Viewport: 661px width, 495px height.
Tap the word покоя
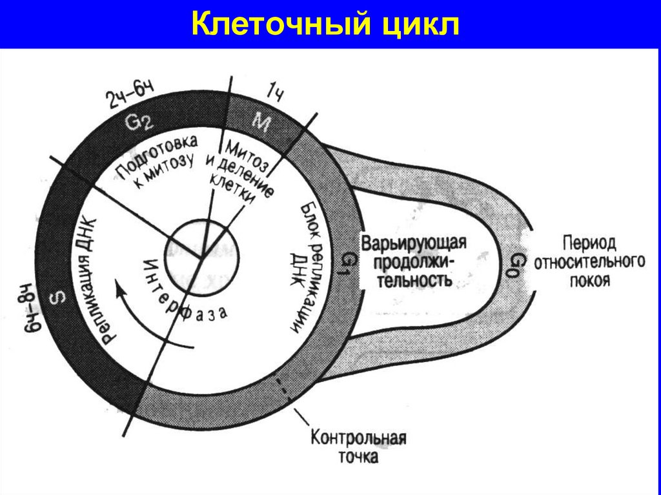[589, 281]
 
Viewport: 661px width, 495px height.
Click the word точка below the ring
[357, 458]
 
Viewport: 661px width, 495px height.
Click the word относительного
[589, 263]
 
